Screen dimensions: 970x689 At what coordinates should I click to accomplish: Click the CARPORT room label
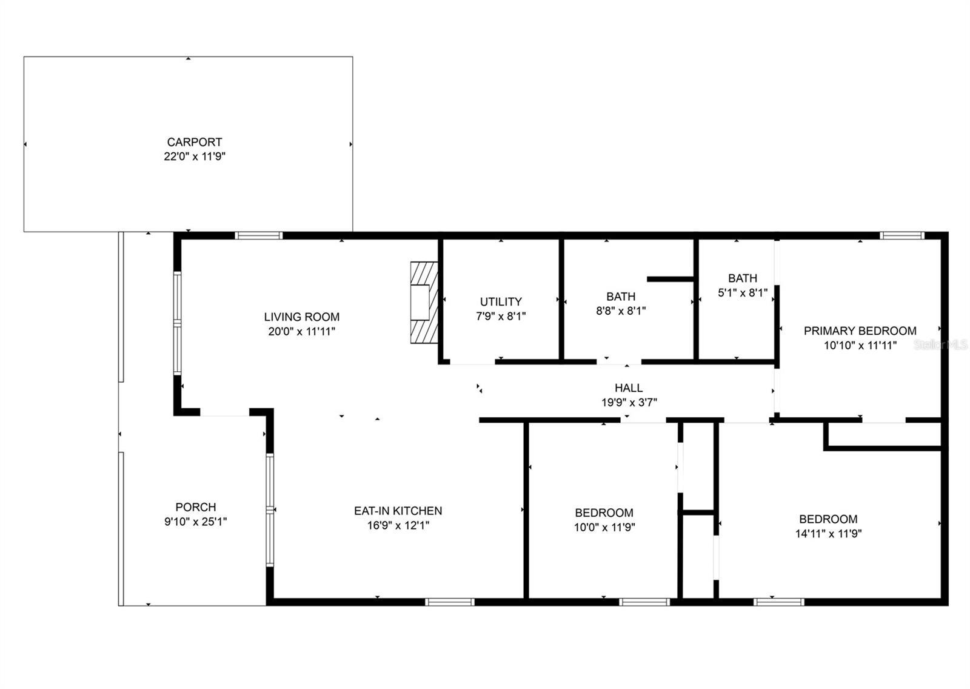click(195, 142)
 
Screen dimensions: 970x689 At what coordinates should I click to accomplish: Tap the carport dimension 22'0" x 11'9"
click(195, 156)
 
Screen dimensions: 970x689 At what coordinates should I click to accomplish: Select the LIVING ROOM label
click(302, 317)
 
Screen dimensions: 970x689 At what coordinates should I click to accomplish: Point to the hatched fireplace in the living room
click(424, 303)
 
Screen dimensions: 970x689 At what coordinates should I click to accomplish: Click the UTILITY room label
click(501, 301)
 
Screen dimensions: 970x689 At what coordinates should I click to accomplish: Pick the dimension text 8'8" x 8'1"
click(621, 311)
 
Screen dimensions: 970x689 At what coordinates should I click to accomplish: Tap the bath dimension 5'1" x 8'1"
click(743, 293)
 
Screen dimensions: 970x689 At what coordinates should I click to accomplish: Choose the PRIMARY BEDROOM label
click(860, 331)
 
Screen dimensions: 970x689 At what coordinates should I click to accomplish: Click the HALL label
click(629, 388)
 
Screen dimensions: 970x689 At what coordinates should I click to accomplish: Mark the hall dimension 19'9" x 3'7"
click(629, 403)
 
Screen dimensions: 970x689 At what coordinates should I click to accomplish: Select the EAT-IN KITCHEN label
click(398, 511)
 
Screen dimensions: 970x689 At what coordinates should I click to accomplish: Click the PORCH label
click(196, 507)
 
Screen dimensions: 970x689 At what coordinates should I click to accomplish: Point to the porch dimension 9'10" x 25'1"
click(196, 522)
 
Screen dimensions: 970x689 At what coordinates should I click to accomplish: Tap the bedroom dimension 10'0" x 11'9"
click(604, 528)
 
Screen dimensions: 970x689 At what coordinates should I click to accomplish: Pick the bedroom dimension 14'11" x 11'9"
click(828, 534)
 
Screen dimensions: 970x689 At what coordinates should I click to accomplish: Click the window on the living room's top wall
click(258, 236)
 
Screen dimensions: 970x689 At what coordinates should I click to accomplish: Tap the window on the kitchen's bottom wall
click(449, 602)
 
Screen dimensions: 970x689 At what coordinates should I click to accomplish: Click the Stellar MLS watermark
click(940, 345)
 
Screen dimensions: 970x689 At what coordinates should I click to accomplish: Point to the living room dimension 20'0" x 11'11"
click(302, 332)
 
